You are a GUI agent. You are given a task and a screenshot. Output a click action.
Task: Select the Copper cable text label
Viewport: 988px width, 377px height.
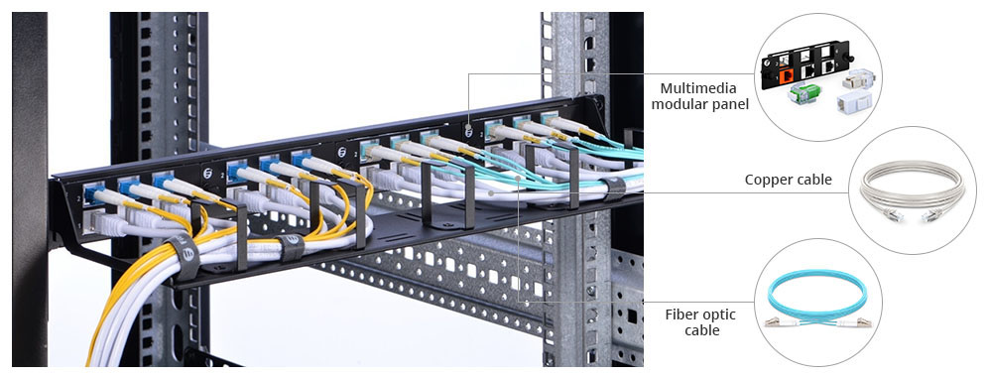point(788,180)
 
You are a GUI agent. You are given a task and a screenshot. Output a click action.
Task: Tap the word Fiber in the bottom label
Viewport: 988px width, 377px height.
point(684,314)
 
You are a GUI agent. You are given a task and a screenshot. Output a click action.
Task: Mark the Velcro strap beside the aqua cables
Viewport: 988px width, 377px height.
point(614,188)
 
